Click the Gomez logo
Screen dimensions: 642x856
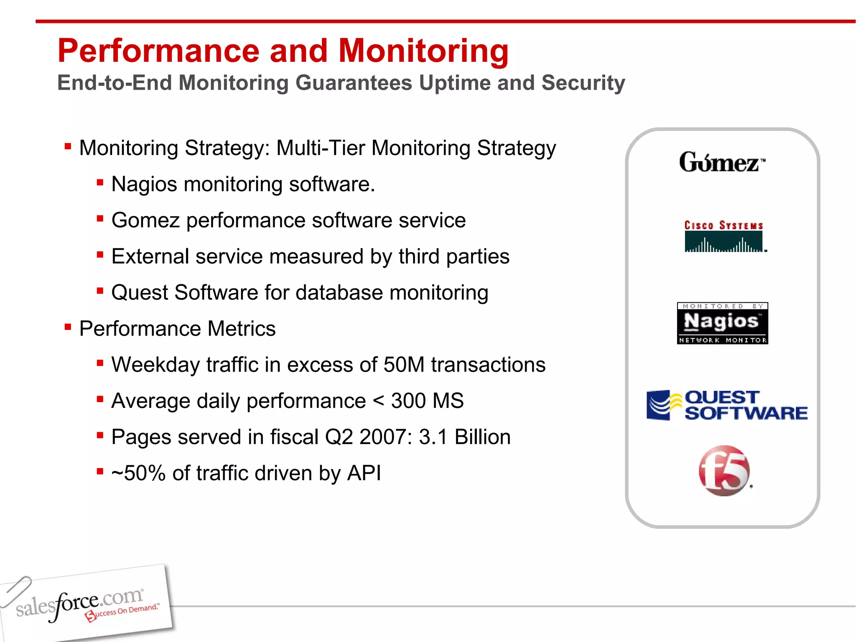722,162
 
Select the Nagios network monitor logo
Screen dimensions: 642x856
722,323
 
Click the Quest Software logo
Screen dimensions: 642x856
726,405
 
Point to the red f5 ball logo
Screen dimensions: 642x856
724,471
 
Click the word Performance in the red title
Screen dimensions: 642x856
159,51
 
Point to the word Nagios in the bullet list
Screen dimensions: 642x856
144,184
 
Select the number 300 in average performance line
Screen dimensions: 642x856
408,401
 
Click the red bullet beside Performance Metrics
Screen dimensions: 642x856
68,326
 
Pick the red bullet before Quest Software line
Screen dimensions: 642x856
100,290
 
